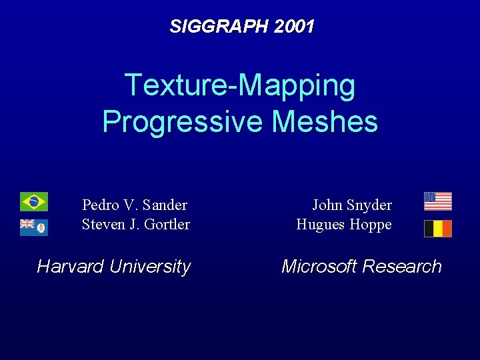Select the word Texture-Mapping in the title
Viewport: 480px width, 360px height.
pos(240,85)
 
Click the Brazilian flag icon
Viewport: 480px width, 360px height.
pos(33,201)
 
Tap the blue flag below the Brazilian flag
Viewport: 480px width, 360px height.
pos(33,227)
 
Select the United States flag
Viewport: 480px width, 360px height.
pos(437,201)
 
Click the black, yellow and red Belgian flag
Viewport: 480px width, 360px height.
pos(437,229)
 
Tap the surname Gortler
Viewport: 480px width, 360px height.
pos(167,225)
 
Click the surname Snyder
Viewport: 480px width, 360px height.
pos(370,205)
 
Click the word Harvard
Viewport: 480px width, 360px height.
pos(71,267)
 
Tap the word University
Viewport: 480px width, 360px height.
pos(151,267)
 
